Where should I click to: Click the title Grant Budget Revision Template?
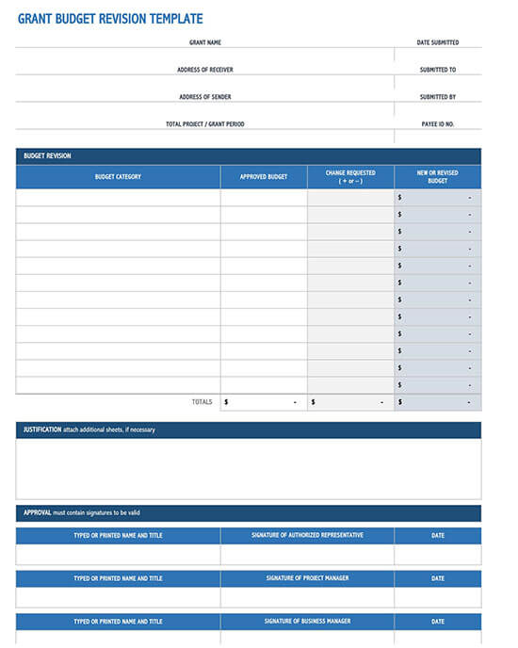[x=110, y=19]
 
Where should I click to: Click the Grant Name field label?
[x=204, y=42]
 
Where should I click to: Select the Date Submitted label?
[x=438, y=42]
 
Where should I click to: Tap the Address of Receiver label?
[x=204, y=70]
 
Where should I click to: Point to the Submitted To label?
[x=438, y=70]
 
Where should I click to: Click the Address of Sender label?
[x=204, y=97]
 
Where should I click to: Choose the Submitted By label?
[x=438, y=97]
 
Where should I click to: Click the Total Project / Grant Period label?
[x=204, y=124]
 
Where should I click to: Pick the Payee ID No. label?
[x=438, y=124]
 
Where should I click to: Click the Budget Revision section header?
[x=47, y=156]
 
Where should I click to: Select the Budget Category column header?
[x=118, y=177]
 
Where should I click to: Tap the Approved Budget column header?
[x=264, y=177]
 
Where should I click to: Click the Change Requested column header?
[x=350, y=176]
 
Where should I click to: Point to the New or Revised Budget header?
[x=437, y=176]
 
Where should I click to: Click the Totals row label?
[x=202, y=402]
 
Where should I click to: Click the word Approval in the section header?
[x=38, y=512]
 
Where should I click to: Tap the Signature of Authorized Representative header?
[x=307, y=535]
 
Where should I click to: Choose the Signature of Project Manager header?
[x=307, y=578]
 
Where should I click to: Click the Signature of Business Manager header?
[x=307, y=622]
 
